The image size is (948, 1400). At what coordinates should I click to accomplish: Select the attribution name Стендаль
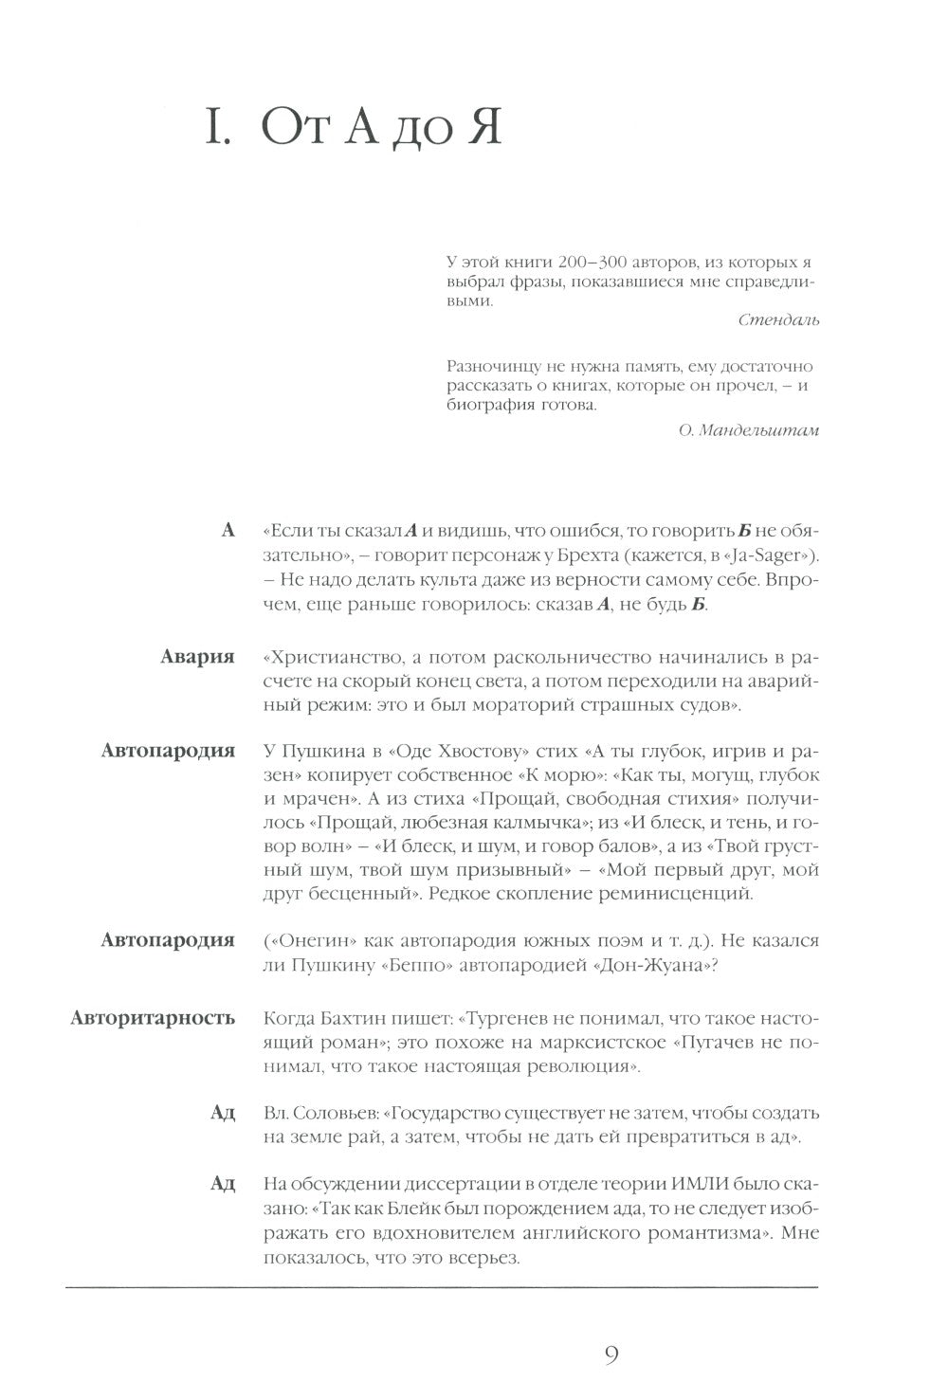click(778, 320)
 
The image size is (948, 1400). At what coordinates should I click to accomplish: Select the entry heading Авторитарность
click(153, 1018)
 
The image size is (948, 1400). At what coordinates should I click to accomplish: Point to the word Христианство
click(328, 658)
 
